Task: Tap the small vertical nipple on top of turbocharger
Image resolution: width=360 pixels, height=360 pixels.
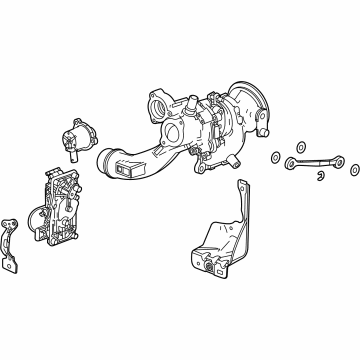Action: (x=186, y=101)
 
